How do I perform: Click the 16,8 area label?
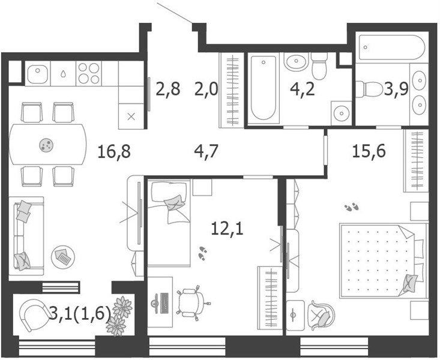[114, 152]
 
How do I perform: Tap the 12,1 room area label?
[228, 229]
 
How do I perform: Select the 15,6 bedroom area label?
[369, 152]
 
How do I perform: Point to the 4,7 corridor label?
[206, 152]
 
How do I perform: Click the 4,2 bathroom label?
[303, 89]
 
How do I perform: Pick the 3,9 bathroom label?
[396, 89]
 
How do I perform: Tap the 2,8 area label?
[168, 89]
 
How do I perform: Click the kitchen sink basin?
[38, 74]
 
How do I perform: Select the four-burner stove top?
[89, 73]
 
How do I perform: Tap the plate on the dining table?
[46, 145]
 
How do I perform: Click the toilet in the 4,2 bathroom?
[319, 66]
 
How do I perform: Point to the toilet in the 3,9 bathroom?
[369, 89]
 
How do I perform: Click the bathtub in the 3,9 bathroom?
[390, 47]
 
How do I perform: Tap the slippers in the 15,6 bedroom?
[352, 207]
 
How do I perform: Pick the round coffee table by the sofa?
[63, 257]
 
